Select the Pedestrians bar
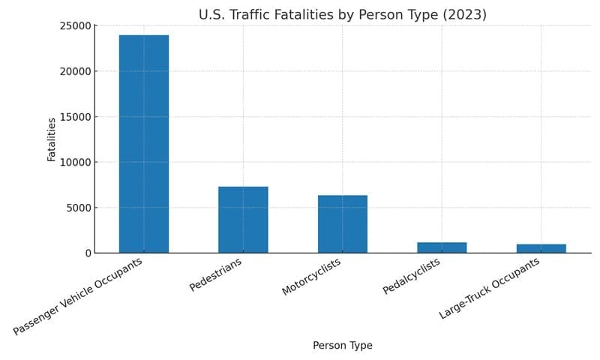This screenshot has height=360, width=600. pos(243,220)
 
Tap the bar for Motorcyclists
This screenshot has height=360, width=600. pos(343,224)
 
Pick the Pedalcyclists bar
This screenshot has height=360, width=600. pos(442,247)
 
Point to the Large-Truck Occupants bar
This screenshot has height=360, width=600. pos(541,248)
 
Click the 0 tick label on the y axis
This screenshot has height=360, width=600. pos(88,253)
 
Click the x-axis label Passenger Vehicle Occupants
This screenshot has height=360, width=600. pos(79,296)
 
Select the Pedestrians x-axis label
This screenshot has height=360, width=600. pos(216,275)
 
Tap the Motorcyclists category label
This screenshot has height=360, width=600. pos(311,277)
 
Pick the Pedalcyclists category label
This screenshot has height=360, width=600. pos(412,276)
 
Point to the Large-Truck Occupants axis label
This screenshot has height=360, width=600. pos(490,289)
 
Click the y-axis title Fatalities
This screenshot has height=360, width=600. pos(52,139)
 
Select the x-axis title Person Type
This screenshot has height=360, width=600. pos(342,346)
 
